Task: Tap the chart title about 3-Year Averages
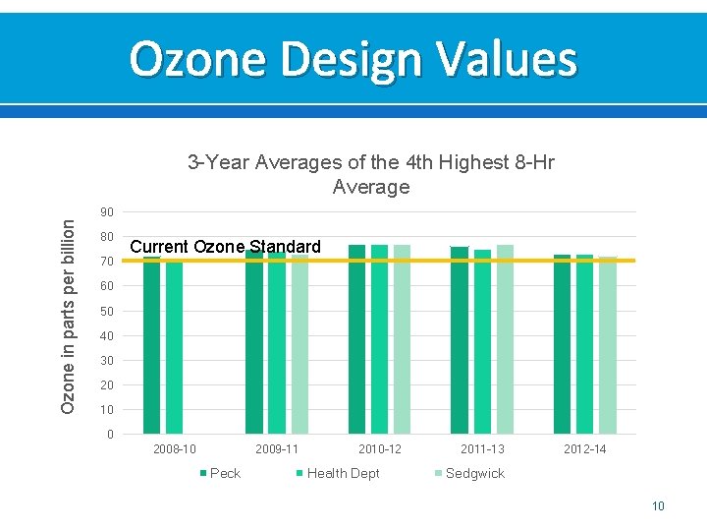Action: pyautogui.click(x=370, y=174)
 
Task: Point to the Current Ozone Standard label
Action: pyautogui.click(x=225, y=246)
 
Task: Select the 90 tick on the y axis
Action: pyautogui.click(x=106, y=212)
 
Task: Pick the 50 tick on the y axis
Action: pyautogui.click(x=106, y=311)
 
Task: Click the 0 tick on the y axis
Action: pyautogui.click(x=109, y=434)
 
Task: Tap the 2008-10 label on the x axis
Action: pyautogui.click(x=175, y=449)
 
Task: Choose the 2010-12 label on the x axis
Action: pyautogui.click(x=380, y=449)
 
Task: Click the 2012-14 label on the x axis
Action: pyautogui.click(x=585, y=449)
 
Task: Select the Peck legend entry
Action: pyautogui.click(x=225, y=473)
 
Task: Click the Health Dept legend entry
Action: pyautogui.click(x=343, y=473)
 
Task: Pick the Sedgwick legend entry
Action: pyautogui.click(x=474, y=473)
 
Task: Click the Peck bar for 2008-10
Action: pyautogui.click(x=151, y=345)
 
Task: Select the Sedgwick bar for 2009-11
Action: pyautogui.click(x=299, y=344)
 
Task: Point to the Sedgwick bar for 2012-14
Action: pyautogui.click(x=608, y=345)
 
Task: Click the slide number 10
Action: pyautogui.click(x=658, y=505)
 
